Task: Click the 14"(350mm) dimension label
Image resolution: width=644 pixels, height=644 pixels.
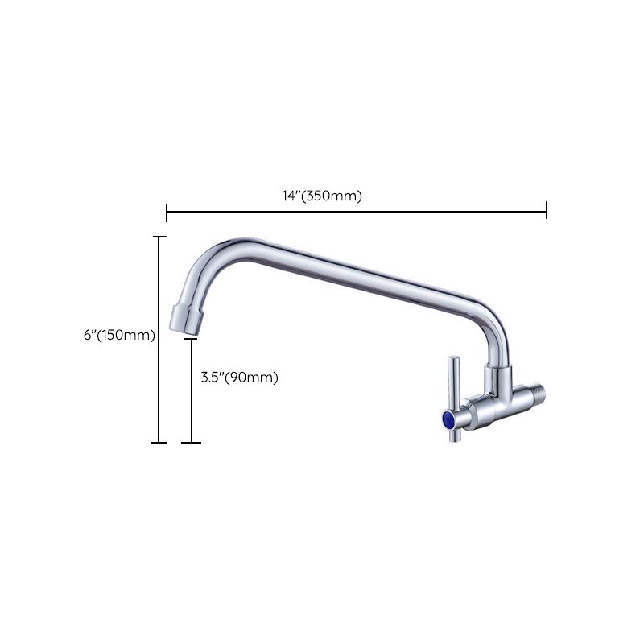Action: (x=322, y=196)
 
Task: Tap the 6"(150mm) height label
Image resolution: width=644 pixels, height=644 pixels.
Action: (x=119, y=335)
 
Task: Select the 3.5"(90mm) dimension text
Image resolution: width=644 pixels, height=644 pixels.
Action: (x=239, y=377)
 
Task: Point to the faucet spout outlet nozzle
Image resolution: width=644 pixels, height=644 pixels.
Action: (x=187, y=319)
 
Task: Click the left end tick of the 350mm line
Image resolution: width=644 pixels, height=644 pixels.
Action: (x=167, y=213)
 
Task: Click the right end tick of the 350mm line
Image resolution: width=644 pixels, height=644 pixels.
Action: (x=547, y=211)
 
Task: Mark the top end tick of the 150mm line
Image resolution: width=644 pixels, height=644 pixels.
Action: (x=159, y=237)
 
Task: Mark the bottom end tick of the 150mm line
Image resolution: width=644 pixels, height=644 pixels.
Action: (x=159, y=442)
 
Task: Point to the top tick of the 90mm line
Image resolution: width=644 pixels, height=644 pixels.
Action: (x=191, y=339)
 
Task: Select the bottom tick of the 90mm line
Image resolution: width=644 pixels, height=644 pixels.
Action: (x=191, y=442)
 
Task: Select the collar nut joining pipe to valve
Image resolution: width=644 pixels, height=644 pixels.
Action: (x=497, y=378)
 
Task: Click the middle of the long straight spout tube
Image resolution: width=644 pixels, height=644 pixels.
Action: (x=354, y=274)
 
